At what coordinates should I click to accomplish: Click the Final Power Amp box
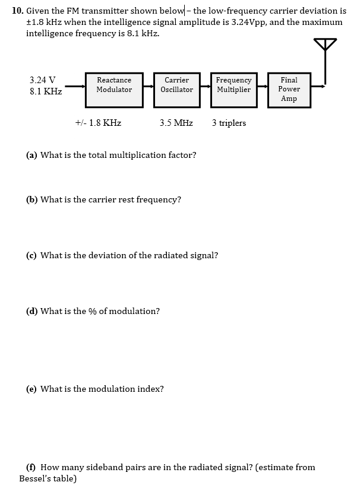[289, 89]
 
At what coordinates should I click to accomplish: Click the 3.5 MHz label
[176, 123]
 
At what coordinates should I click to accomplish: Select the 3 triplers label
[229, 123]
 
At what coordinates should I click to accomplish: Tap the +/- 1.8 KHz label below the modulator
[99, 123]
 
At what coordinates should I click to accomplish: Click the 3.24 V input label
[42, 80]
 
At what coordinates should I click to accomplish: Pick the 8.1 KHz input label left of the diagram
[46, 92]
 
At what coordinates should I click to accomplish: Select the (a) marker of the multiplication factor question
[32, 155]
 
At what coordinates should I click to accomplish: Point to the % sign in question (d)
[93, 311]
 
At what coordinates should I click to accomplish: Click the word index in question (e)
[152, 389]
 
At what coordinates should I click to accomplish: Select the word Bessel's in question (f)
[36, 478]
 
